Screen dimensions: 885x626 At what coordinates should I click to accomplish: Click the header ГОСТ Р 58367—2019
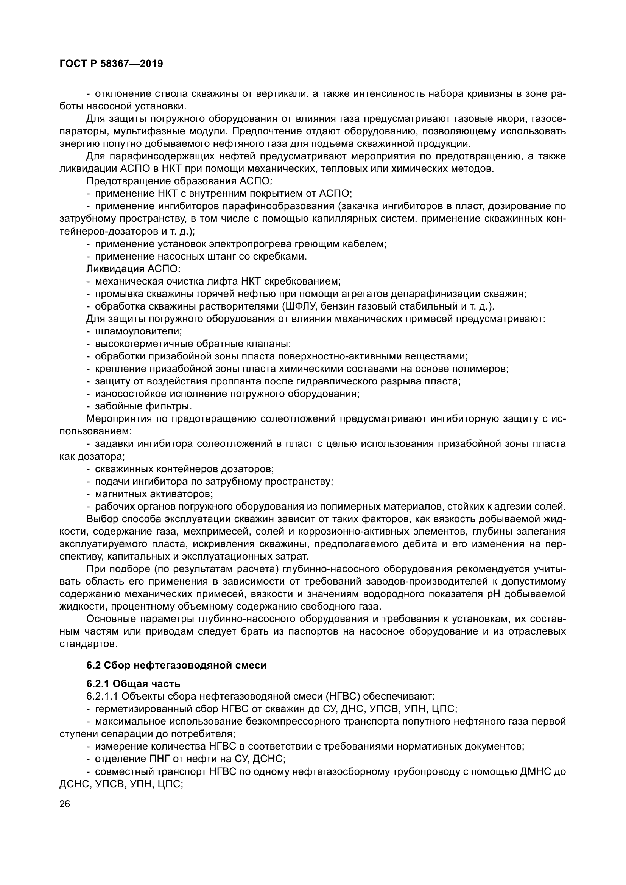coord(111,64)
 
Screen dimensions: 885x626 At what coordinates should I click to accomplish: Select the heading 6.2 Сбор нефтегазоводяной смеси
coord(176,665)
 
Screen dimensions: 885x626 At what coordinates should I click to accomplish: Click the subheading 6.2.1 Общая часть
coord(133,684)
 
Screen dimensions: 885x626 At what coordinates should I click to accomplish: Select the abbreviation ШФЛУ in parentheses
coord(301,306)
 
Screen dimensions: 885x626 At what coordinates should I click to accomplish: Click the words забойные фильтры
coord(143,406)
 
